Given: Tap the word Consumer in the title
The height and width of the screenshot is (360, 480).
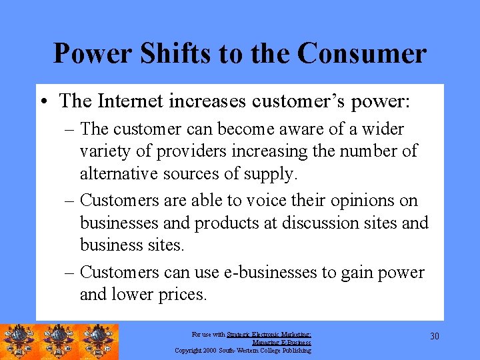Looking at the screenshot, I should pos(363,53).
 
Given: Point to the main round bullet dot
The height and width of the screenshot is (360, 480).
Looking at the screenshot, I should pos(43,101).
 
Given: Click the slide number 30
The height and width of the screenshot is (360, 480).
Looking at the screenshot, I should pos(435,336).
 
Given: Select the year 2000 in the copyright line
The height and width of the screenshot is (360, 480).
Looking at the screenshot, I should pos(209,350).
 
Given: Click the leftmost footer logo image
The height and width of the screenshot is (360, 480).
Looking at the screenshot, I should pos(19,342).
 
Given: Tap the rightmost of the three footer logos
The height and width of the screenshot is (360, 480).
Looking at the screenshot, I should pos(99,342).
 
